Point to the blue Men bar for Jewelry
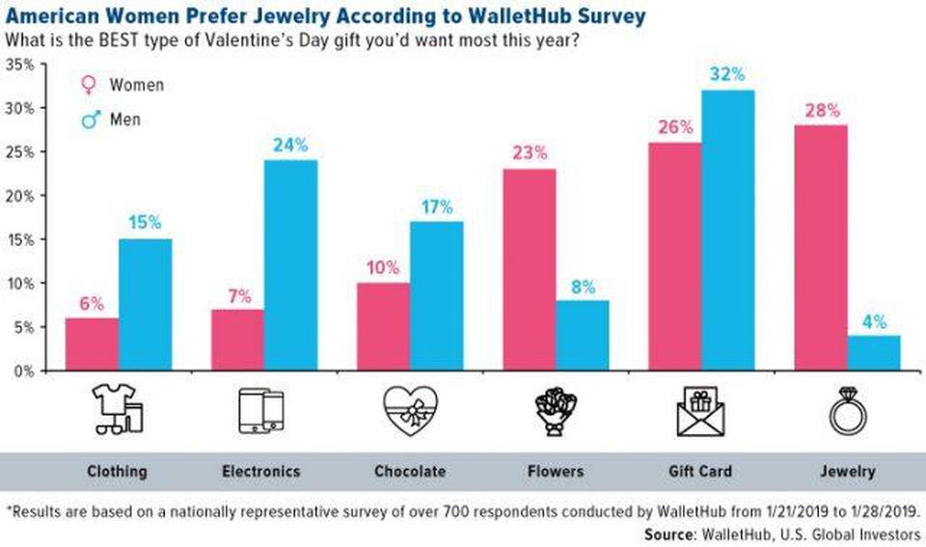coord(874,352)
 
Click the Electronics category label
coord(260,472)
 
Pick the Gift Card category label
coord(701,472)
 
